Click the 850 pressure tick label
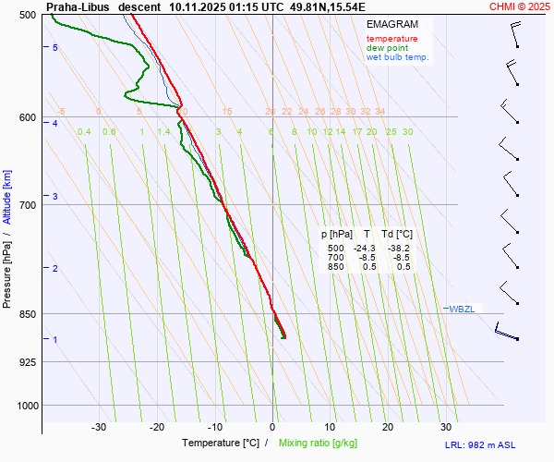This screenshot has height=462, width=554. [x=28, y=314]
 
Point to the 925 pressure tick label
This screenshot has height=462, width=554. [x=28, y=361]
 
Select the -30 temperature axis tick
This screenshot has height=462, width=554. [x=99, y=427]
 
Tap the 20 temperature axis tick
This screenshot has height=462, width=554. [x=388, y=427]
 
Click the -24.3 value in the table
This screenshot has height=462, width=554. [x=367, y=249]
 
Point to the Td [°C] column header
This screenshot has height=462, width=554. [x=398, y=235]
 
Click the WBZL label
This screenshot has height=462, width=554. [x=462, y=309]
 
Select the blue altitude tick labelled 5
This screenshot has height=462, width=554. [x=55, y=47]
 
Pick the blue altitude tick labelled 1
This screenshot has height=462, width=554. [x=55, y=340]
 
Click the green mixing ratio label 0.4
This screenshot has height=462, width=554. [x=84, y=132]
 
